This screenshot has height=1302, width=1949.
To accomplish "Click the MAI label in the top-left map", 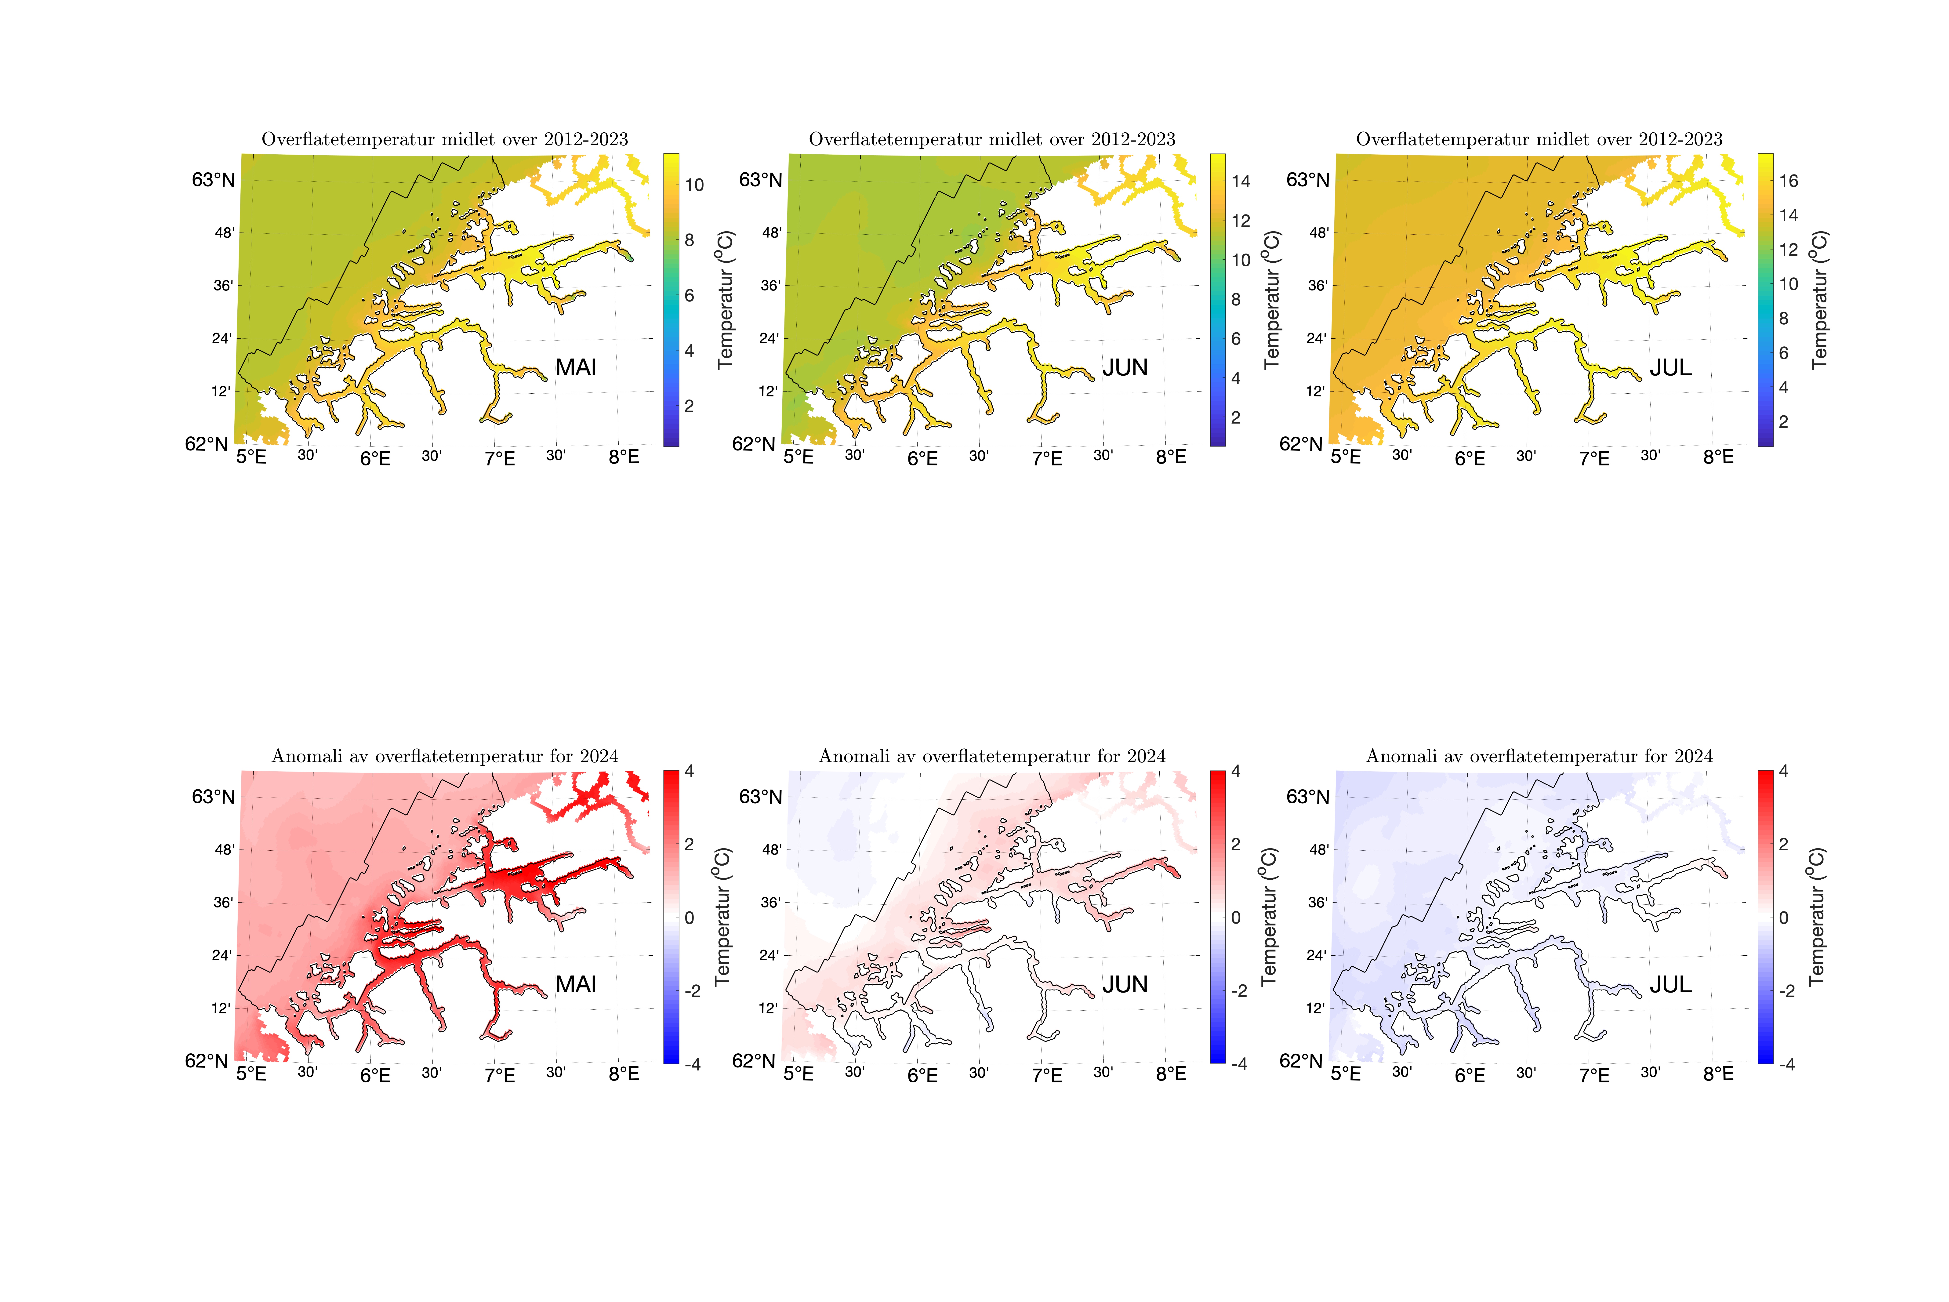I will (x=575, y=368).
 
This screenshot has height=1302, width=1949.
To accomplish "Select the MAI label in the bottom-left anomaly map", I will (x=575, y=985).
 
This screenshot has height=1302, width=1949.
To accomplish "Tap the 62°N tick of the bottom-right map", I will (x=1300, y=1061).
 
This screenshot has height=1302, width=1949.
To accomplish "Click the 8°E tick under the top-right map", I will (x=1718, y=457).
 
